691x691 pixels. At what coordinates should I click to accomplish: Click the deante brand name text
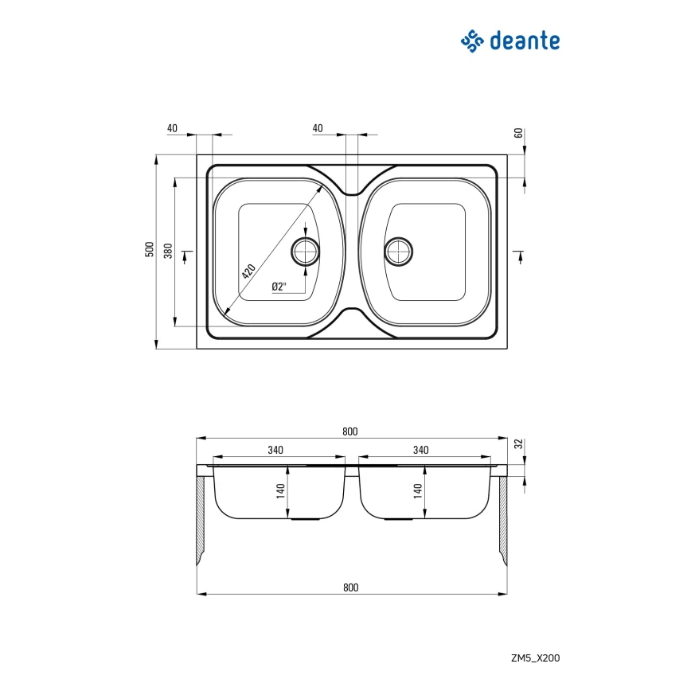[525, 41]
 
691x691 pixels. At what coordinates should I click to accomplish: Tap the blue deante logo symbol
[472, 41]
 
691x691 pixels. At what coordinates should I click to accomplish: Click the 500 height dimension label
[150, 249]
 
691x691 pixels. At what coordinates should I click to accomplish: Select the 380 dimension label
[168, 251]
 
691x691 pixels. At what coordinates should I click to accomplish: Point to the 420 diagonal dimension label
[248, 271]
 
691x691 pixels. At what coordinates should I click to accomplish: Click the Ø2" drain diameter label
[279, 287]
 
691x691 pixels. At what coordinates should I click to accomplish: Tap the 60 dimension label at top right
[519, 133]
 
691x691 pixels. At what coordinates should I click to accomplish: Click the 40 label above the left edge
[172, 128]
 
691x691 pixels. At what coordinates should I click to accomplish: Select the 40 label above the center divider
[318, 128]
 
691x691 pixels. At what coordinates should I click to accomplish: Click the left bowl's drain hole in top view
[306, 252]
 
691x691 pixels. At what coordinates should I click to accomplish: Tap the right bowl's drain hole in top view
[399, 252]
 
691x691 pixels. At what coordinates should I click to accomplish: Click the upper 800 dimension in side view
[350, 431]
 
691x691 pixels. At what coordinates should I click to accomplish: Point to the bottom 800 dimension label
[351, 588]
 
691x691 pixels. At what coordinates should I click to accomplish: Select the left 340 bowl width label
[275, 450]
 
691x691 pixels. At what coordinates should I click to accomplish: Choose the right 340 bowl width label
[421, 450]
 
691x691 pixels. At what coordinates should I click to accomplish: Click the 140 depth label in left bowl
[281, 491]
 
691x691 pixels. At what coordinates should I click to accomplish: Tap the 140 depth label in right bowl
[418, 491]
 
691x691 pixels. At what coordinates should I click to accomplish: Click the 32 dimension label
[519, 443]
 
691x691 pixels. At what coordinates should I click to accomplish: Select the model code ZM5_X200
[536, 658]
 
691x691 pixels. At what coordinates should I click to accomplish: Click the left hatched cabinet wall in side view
[201, 521]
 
